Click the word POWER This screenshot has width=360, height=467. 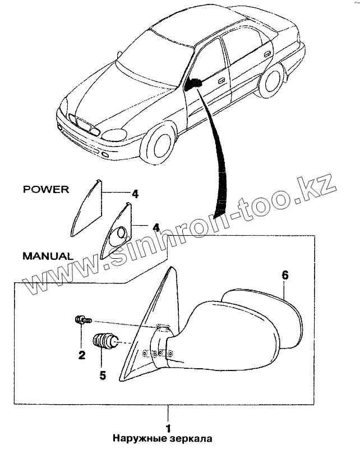tap(46, 189)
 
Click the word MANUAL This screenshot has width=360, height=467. tap(48, 255)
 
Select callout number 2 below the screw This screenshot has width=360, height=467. tap(81, 354)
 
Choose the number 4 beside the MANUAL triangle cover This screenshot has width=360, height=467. tap(156, 228)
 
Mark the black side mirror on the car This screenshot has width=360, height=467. tap(193, 84)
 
